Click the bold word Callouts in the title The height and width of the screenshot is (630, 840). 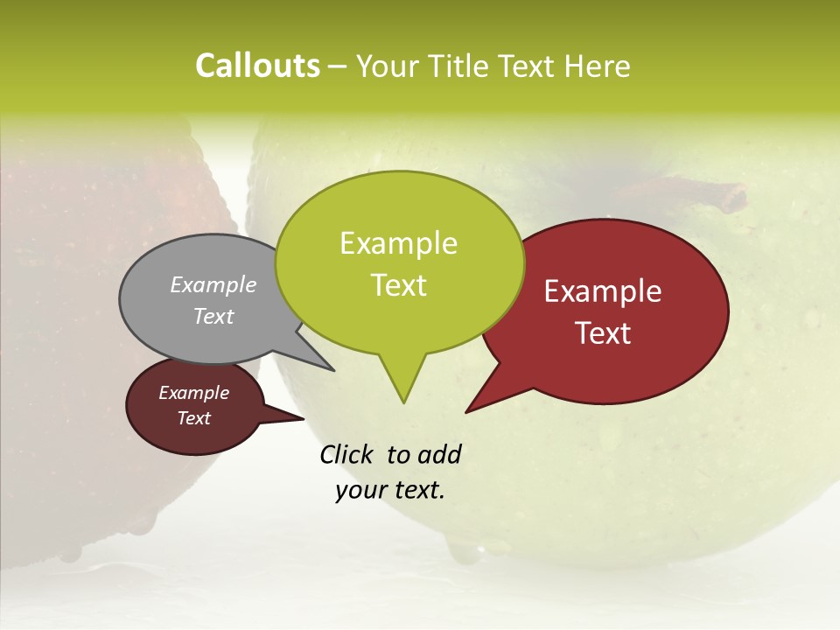click(x=257, y=66)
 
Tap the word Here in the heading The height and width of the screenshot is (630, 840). click(x=598, y=66)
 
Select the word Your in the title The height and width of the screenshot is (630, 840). click(x=385, y=66)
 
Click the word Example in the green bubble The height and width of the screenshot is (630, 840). click(x=398, y=243)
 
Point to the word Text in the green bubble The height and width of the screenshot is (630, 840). click(x=399, y=285)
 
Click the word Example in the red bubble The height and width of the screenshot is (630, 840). click(x=603, y=291)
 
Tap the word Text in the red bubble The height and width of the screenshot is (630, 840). click(x=604, y=333)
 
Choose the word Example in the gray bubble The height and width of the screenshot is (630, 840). click(x=213, y=284)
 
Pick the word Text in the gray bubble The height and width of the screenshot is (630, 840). click(x=213, y=316)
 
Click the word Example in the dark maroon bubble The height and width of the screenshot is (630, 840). click(x=193, y=393)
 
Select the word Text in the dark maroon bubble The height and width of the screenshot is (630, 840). click(x=194, y=418)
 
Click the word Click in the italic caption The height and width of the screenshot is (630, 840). click(x=347, y=454)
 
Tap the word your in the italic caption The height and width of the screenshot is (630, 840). click(x=360, y=490)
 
